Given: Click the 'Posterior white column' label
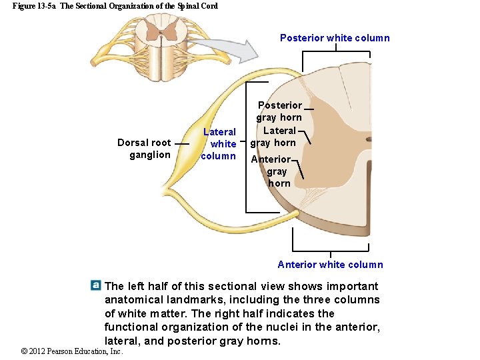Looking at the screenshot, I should [x=335, y=38].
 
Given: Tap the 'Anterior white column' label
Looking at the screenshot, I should [x=330, y=265].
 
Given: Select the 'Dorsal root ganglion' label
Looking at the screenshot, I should [x=144, y=149].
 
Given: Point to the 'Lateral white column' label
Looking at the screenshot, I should [x=219, y=144].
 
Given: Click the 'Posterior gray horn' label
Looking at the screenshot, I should [x=279, y=111].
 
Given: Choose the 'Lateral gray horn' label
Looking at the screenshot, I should [x=273, y=137].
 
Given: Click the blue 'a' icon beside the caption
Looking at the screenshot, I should [x=96, y=285].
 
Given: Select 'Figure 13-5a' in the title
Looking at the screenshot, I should [x=34, y=6].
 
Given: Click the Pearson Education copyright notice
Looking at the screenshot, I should [x=72, y=351].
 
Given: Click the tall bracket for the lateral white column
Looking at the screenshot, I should [x=247, y=147].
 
